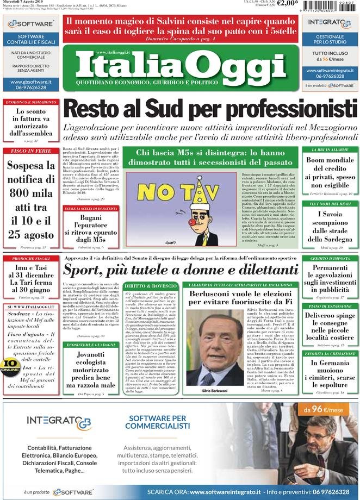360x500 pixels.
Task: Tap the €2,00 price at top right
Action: coord(287,4)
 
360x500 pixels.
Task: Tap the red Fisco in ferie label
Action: coord(30,151)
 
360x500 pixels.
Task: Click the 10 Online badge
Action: coord(9,365)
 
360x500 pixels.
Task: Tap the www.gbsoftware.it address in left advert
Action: coord(30,82)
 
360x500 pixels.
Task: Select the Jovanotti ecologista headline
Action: coord(90,370)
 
